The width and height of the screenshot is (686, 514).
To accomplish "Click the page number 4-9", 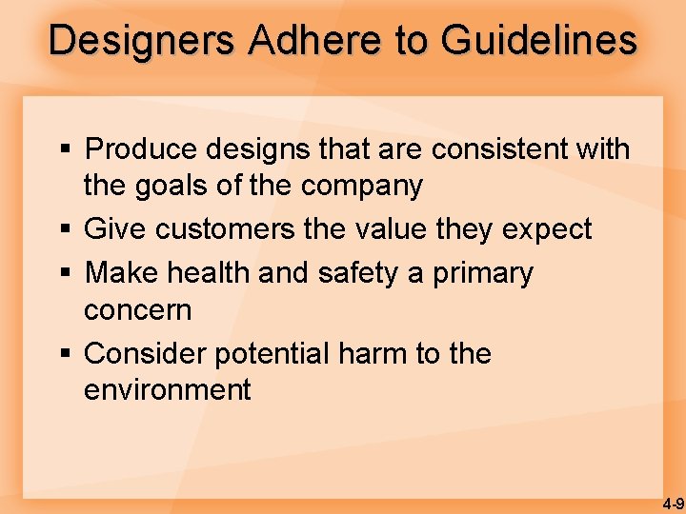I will pyautogui.click(x=674, y=503).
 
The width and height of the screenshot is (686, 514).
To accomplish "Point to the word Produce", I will pyautogui.click(x=139, y=149).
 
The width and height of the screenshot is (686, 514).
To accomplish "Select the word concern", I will pyautogui.click(x=137, y=310).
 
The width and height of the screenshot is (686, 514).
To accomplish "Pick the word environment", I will pyautogui.click(x=168, y=390).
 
